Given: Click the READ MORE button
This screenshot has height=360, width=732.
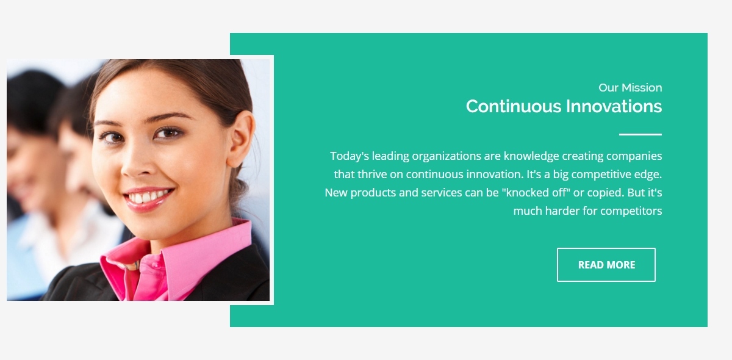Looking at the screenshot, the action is (x=606, y=265).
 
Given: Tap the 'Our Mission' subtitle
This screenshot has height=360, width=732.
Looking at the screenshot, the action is (x=630, y=88).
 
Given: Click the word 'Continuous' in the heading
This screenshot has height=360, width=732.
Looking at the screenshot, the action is (x=514, y=106).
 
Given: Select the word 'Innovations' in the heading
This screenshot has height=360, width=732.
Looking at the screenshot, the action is (x=614, y=106).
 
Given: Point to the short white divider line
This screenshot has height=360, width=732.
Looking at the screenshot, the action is (x=640, y=134).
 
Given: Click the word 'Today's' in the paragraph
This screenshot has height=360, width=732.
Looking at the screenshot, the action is (x=350, y=156).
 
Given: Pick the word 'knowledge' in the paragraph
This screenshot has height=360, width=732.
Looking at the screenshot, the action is (x=531, y=156).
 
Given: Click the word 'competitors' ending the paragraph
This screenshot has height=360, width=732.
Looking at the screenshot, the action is (x=631, y=211).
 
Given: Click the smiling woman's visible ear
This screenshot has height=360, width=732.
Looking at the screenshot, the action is (x=240, y=139).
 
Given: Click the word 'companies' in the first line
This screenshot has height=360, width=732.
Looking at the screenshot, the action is (x=634, y=156).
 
